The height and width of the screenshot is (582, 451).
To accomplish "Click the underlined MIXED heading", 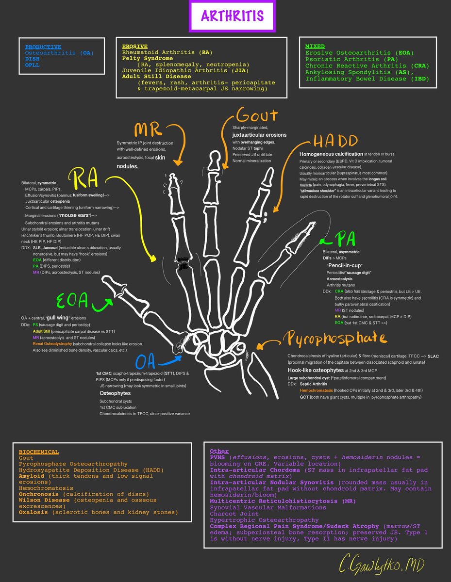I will tap(315, 46).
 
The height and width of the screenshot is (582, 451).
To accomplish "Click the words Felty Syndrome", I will tap(145, 58).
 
